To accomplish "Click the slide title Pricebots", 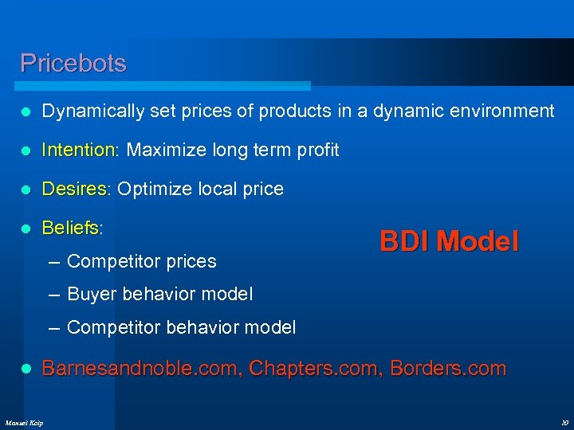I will pos(73,63).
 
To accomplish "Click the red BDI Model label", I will pos(449,240).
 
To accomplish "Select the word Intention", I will pos(79,150).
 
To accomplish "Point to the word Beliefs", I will pos(71,228).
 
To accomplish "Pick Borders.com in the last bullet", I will pos(448,368).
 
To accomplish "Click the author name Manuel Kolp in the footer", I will pos(25,421).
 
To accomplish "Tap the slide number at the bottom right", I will pos(563,421).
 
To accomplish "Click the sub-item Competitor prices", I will pos(142,261).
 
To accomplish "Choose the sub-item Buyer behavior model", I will pos(160,295).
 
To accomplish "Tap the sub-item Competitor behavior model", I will pos(182,327).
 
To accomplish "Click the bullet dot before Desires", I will pos(26,190).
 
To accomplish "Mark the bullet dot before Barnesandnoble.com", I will pos(26,369).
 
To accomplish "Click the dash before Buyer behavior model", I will pos(54,295).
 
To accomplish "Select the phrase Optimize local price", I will pos(200,189).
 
